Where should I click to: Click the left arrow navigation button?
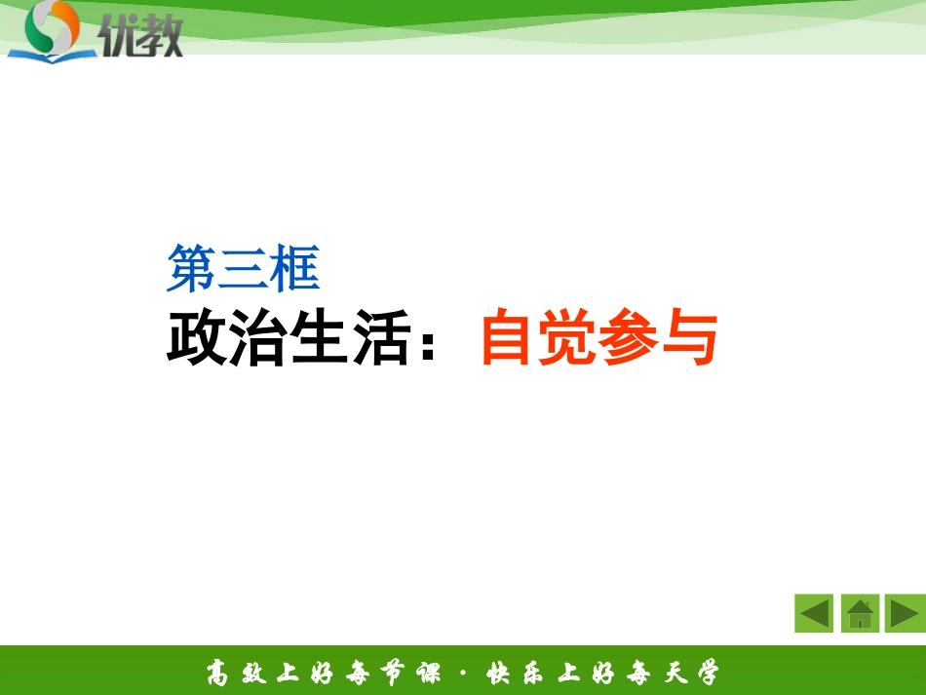814,613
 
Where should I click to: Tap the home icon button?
860,613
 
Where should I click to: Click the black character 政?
197,338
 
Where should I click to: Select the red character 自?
510,338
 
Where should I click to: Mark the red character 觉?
569,338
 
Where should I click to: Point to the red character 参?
630,338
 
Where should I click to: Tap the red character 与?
689,338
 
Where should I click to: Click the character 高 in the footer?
218,673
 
